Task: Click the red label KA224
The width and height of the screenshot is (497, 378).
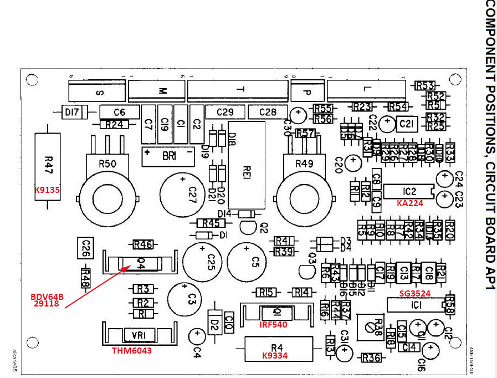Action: click(x=410, y=203)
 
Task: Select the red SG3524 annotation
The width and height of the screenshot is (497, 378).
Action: click(x=415, y=293)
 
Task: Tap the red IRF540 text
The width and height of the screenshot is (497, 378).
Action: click(x=273, y=325)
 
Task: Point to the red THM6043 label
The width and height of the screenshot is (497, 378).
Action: click(x=132, y=350)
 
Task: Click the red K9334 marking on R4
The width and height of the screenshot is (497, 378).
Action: click(x=275, y=355)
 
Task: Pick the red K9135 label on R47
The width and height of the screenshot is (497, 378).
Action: click(x=47, y=190)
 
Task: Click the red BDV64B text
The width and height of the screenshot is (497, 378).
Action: click(x=47, y=297)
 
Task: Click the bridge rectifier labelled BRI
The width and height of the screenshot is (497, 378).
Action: click(x=169, y=156)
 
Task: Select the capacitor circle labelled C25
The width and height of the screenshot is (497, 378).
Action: click(x=205, y=258)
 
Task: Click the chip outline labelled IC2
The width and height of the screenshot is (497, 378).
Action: click(x=409, y=191)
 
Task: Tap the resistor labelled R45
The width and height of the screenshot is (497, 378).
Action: click(x=211, y=223)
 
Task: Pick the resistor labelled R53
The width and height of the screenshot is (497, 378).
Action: click(x=424, y=85)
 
